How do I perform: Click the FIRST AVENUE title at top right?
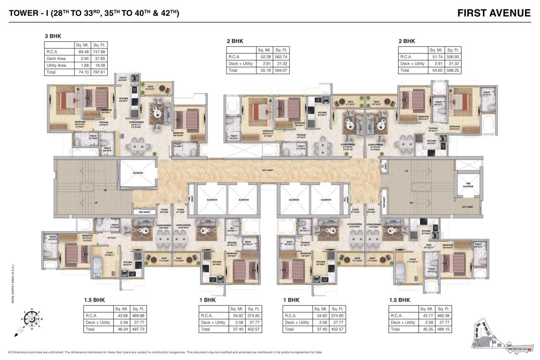click(x=494, y=13)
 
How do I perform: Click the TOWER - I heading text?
click(x=94, y=13)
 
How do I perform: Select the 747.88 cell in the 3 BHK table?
click(x=99, y=52)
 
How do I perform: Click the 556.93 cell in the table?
click(x=453, y=57)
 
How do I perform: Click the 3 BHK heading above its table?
click(x=52, y=36)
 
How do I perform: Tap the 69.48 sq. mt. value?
click(x=81, y=52)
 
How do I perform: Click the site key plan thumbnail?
click(x=502, y=333)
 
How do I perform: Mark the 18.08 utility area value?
click(x=99, y=66)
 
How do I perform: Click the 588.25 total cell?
click(x=453, y=70)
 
